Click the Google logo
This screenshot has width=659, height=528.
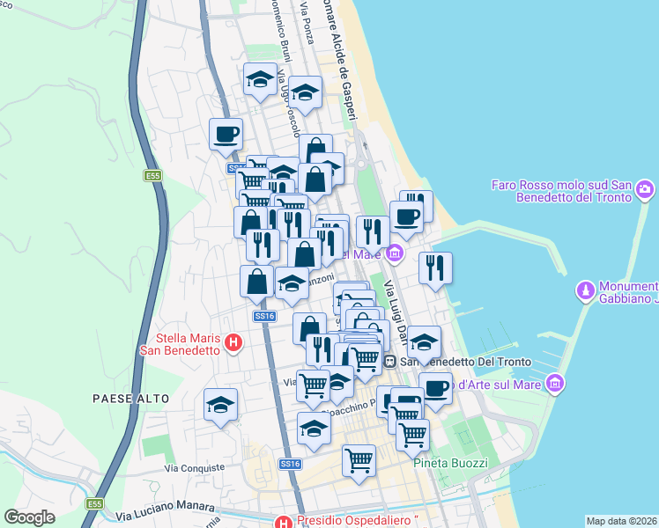(x=30, y=517)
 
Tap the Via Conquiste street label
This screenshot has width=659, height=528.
(x=196, y=468)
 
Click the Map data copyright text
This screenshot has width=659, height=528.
(x=622, y=521)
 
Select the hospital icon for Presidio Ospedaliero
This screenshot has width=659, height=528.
(x=283, y=521)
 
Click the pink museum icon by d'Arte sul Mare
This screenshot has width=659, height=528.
(x=554, y=384)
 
